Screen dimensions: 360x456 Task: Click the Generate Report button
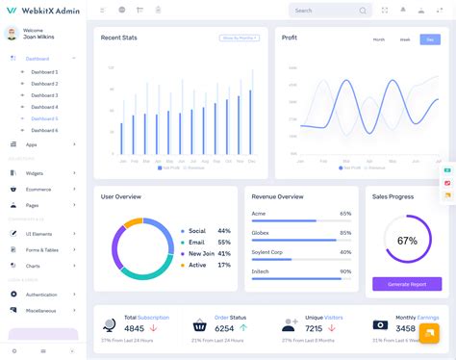(x=407, y=284)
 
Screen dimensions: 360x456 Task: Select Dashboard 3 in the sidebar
(x=44, y=95)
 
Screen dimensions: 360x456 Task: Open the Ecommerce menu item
(x=39, y=189)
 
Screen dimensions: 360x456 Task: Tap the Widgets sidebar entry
(x=35, y=173)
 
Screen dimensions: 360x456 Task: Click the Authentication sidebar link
(x=41, y=295)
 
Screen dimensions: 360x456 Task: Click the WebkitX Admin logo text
(x=42, y=10)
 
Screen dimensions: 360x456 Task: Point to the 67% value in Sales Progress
(x=407, y=241)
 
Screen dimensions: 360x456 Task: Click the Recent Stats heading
(x=119, y=38)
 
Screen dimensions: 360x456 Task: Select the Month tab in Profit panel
(x=378, y=39)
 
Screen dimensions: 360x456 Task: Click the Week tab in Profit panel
(x=404, y=39)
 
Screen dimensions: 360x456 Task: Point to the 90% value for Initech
(x=345, y=270)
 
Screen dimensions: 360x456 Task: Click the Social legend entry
(x=197, y=231)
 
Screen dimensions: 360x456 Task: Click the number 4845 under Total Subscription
(x=134, y=328)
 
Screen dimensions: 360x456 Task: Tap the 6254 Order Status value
(x=224, y=328)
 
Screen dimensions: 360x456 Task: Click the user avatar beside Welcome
(x=12, y=34)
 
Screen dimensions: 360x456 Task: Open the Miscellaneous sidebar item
(x=41, y=310)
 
